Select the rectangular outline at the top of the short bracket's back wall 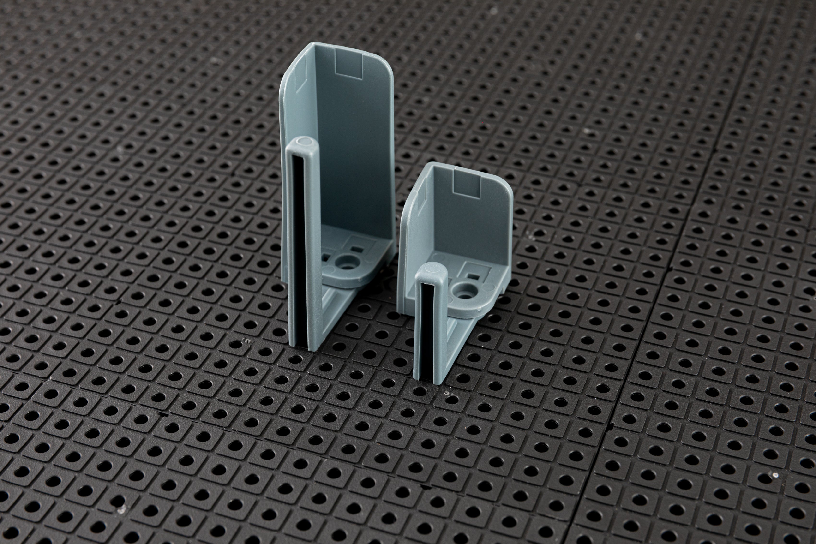(x=467, y=184)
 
